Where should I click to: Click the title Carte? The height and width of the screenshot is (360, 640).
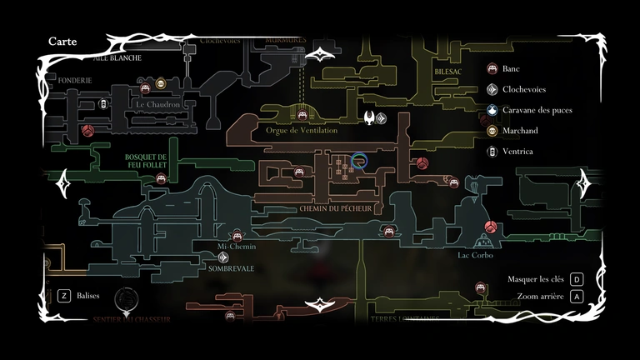62,41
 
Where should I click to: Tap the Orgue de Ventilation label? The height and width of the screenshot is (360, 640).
301,131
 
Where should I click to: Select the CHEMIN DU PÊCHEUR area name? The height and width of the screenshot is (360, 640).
335,208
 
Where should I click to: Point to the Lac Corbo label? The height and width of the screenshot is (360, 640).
475,255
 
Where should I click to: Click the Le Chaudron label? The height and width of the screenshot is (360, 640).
157,105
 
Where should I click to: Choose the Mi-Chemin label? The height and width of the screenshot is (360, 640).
236,247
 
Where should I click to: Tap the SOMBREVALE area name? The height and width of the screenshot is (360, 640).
231,269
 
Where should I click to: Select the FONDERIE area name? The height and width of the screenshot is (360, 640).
75,80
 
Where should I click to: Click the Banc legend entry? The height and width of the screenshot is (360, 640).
511,69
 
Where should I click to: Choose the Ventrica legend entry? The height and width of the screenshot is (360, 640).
517,152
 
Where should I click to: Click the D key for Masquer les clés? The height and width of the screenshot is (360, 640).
576,279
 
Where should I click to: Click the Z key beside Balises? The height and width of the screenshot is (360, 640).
64,295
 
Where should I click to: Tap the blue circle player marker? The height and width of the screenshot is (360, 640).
360,161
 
